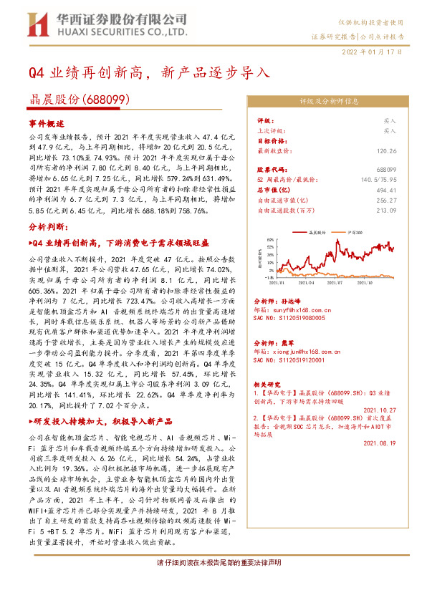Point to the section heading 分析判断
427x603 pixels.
coord(46,246)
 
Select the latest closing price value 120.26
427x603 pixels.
coord(385,151)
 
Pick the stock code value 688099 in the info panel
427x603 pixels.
coord(385,168)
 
